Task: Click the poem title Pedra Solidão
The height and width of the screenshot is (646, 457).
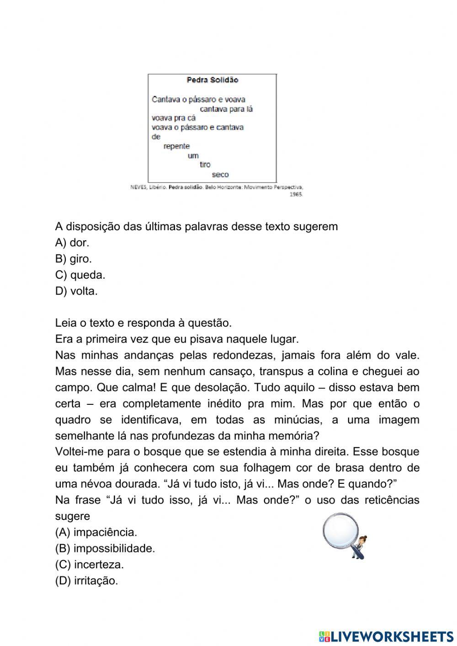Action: [x=213, y=80]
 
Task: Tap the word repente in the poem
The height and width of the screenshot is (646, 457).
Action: [x=176, y=146]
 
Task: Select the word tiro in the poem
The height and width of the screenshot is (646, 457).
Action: [x=205, y=165]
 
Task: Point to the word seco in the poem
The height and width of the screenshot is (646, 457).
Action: [x=220, y=175]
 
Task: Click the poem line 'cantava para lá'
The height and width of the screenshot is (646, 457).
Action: [x=226, y=109]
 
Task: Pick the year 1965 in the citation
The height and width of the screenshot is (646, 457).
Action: [x=296, y=194]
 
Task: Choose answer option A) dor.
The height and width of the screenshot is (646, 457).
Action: [x=72, y=243]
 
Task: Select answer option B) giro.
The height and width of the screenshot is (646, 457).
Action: [x=74, y=259]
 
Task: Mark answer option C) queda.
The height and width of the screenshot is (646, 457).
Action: [x=80, y=275]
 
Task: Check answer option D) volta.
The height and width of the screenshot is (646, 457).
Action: [x=76, y=291]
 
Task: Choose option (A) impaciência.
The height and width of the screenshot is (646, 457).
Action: [x=96, y=532]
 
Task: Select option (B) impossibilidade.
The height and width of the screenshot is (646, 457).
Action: [x=105, y=548]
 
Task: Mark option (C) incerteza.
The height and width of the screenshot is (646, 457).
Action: [x=90, y=565]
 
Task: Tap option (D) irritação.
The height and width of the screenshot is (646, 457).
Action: [x=86, y=581]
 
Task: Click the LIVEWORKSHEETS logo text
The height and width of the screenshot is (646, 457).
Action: [x=391, y=636]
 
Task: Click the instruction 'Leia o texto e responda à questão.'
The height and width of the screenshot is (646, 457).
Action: [x=143, y=323]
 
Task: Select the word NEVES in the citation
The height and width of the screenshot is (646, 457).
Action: [x=138, y=187]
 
